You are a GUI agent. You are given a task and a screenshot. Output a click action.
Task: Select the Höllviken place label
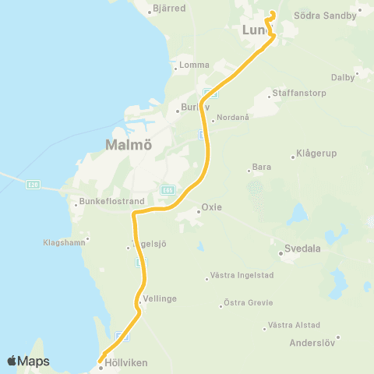pos(127,362)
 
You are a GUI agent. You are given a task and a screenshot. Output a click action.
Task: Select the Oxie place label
pos(212,207)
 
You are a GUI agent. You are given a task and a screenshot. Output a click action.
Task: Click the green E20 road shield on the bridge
pos(32,184)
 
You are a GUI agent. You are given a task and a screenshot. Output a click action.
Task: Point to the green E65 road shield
pos(168,189)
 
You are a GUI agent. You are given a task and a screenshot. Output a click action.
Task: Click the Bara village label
pos(262,168)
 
